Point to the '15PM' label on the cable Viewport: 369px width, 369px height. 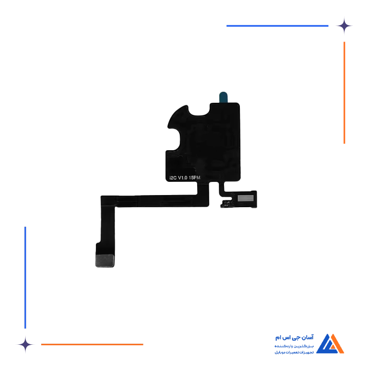click(x=195, y=178)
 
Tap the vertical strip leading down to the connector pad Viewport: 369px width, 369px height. click(x=107, y=227)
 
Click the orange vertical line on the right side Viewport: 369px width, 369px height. click(x=344, y=92)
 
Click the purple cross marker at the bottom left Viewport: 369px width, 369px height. click(x=25, y=344)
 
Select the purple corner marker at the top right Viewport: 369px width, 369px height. click(x=351, y=25)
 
